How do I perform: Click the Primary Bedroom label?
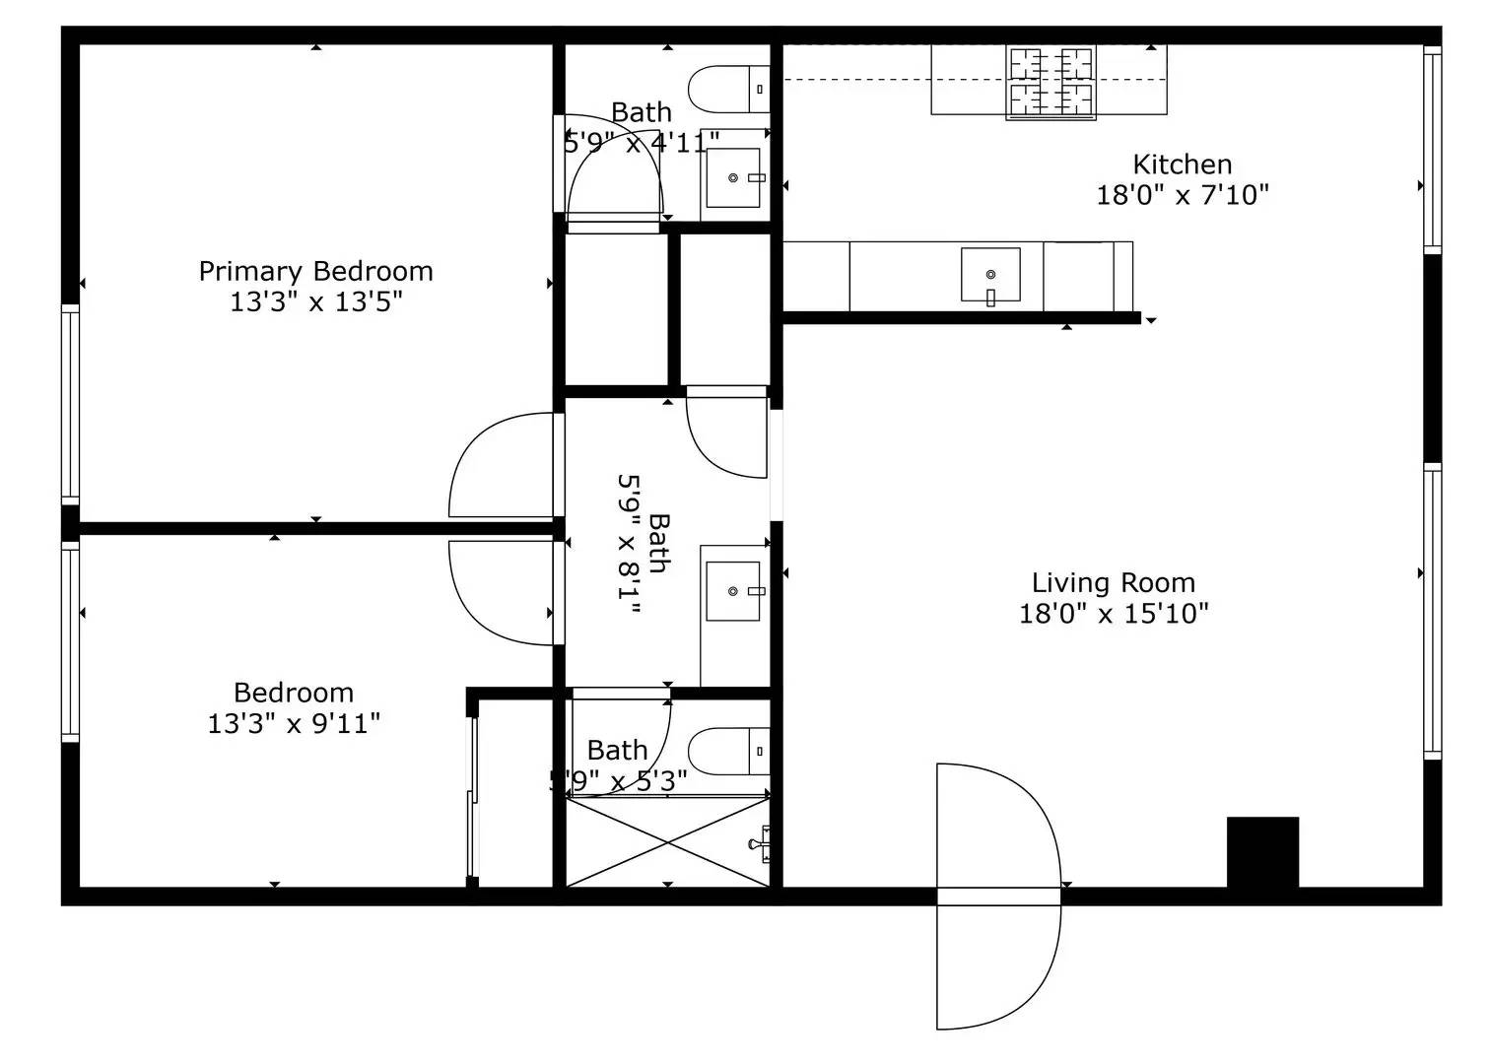[x=315, y=271]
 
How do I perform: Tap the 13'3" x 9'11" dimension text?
[x=294, y=724]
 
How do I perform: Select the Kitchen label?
[x=1182, y=165]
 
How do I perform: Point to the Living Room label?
[x=1113, y=583]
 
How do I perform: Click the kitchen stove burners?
[x=1051, y=82]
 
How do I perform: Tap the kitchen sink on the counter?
[x=990, y=275]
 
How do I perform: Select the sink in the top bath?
[x=734, y=178]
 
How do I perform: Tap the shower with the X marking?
[x=667, y=842]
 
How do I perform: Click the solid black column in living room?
[x=1261, y=852]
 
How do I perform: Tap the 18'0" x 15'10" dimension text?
[x=1113, y=614]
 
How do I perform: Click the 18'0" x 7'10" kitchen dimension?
[x=1182, y=195]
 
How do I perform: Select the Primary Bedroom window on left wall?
[x=70, y=404]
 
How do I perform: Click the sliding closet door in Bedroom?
[x=472, y=798]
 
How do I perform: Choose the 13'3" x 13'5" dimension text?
[x=315, y=301]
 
